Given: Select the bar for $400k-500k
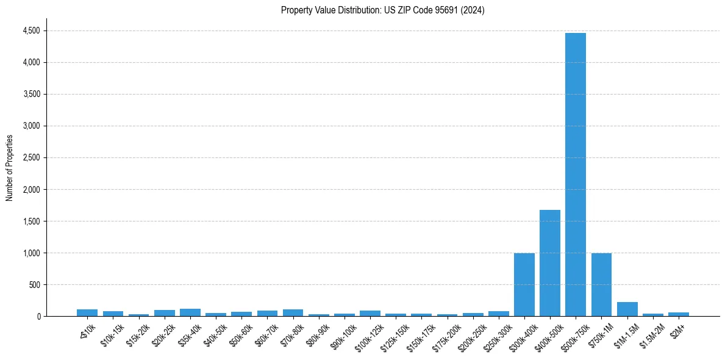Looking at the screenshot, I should pos(549,263).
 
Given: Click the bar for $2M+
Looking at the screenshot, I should pos(678,314).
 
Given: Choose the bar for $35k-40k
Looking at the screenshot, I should pos(190,312).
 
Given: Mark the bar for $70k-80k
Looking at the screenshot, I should pos(293,313).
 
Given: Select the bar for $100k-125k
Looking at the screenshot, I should pos(370,314).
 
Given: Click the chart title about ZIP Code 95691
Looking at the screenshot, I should pos(382,10).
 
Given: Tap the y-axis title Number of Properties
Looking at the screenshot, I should pos(10,168).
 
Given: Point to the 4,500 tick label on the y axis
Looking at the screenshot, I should pos(30,31).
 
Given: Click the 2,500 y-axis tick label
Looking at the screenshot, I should pos(30,157).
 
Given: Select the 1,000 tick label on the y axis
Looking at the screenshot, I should pos(30,253).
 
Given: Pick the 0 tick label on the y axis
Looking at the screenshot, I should pos(38,316).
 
